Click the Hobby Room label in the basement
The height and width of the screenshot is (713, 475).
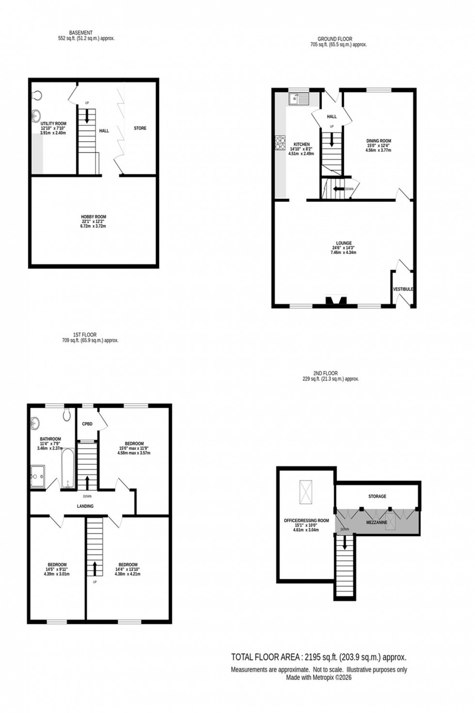(x=94, y=217)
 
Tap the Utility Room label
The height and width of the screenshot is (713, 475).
(x=53, y=124)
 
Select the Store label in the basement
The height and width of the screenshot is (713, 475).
(x=140, y=128)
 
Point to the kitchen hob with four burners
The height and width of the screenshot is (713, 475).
(x=281, y=143)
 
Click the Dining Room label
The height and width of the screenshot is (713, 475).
(x=379, y=141)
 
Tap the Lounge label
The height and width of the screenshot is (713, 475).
(x=344, y=243)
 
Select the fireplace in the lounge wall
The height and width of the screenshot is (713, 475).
(x=336, y=301)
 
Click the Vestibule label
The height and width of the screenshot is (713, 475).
(x=403, y=289)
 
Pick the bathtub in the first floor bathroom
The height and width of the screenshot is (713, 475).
(x=67, y=468)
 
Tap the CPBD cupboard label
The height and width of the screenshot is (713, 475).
(x=87, y=424)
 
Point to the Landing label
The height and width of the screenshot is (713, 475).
(x=85, y=506)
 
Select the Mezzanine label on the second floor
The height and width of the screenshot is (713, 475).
(x=376, y=523)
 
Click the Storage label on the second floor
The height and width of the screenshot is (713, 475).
(x=377, y=496)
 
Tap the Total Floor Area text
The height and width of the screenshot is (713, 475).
(x=318, y=657)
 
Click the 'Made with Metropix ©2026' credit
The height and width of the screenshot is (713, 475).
(x=318, y=678)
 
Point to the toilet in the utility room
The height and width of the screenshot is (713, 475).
(x=37, y=95)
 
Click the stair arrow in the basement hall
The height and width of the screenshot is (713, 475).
(x=87, y=116)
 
